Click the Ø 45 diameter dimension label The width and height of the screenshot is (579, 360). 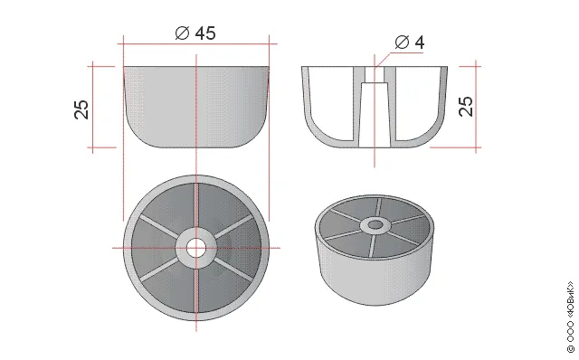195,33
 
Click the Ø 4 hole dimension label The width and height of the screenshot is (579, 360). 410,43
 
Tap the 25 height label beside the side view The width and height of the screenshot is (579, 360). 81,109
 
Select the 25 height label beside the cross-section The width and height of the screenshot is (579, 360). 466,107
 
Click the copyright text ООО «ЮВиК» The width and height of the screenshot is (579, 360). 571,317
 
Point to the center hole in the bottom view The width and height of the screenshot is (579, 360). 196,248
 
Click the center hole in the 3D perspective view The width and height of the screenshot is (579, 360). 375,224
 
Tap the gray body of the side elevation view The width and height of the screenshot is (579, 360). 196,107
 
